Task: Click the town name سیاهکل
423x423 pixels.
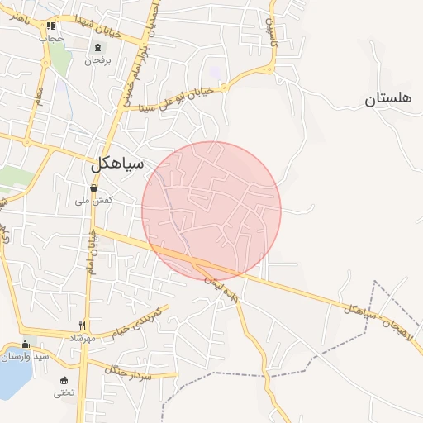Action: pyautogui.click(x=117, y=164)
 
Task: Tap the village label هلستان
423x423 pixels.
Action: pyautogui.click(x=387, y=100)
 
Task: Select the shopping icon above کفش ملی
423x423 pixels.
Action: pyautogui.click(x=93, y=188)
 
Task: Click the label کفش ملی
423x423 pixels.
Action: pyautogui.click(x=93, y=201)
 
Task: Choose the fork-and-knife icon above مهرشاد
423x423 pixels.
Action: pyautogui.click(x=82, y=326)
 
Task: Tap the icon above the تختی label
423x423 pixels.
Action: pyautogui.click(x=64, y=380)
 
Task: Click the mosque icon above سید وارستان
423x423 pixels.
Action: pyautogui.click(x=25, y=345)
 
